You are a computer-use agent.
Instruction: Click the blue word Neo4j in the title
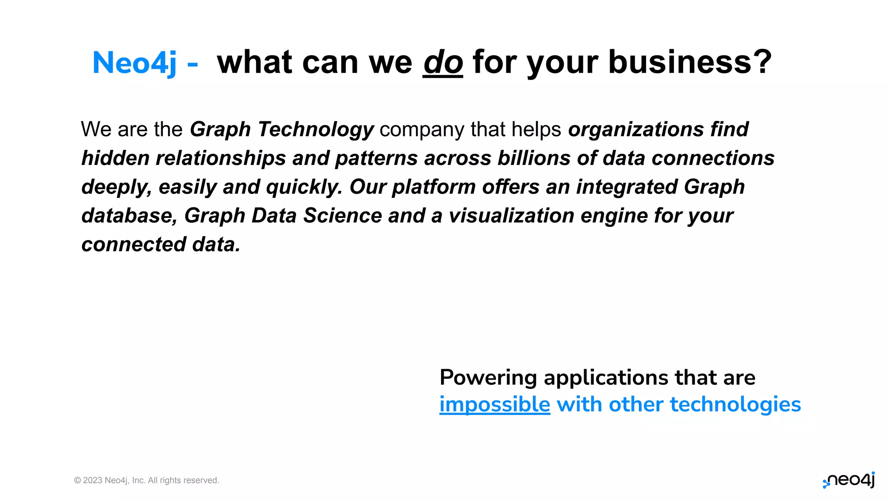point(135,63)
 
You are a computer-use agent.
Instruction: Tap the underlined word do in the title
point(443,63)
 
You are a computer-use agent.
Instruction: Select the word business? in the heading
point(690,62)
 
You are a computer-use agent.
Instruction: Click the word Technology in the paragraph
point(315,130)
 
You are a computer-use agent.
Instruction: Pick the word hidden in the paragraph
point(115,158)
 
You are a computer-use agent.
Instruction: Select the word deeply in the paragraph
point(116,187)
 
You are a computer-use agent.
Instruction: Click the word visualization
point(511,216)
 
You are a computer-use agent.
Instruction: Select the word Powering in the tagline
point(488,378)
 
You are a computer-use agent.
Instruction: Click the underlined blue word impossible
point(495,405)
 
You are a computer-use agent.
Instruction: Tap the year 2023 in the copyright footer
point(93,481)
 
